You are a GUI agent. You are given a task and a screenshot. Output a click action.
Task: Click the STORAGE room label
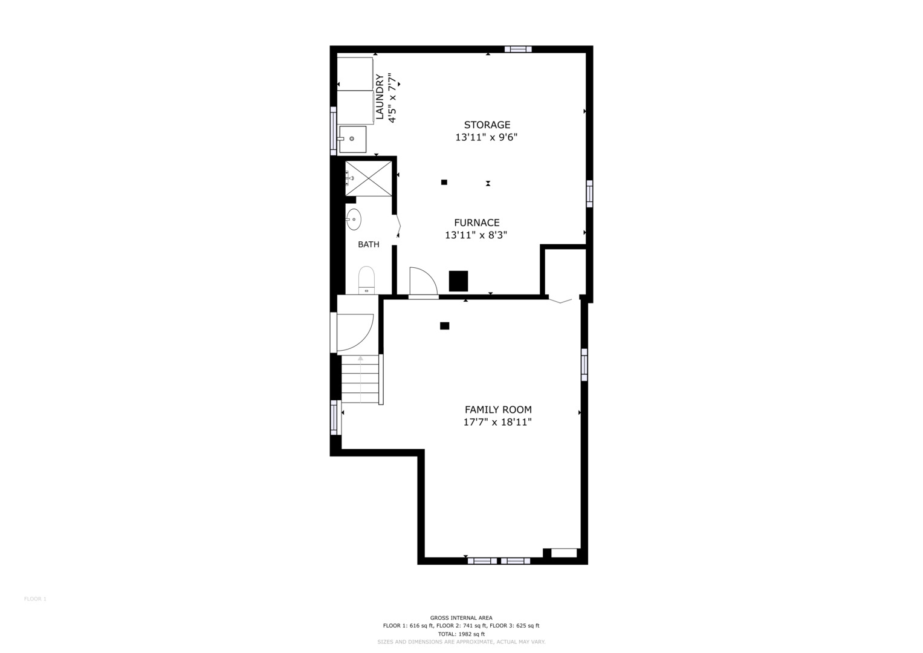[x=487, y=125]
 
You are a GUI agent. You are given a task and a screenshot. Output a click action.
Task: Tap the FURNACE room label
[x=477, y=223]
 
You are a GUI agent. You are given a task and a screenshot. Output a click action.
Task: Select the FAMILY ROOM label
[x=498, y=409]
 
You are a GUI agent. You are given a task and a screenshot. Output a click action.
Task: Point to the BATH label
[x=368, y=244]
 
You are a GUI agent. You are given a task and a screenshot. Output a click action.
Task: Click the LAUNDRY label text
[x=380, y=97]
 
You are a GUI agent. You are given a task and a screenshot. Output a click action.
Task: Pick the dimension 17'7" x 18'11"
[x=497, y=422]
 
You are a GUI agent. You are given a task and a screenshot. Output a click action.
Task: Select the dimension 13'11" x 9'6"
[x=486, y=137]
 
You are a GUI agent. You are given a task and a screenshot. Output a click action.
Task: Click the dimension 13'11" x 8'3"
[x=476, y=235]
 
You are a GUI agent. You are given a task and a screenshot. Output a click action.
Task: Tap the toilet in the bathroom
[x=366, y=280]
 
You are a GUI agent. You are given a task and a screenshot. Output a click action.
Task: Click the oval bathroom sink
[x=354, y=219]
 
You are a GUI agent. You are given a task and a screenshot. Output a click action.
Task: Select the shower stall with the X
[x=368, y=178]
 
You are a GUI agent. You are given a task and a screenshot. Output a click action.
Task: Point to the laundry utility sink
[x=352, y=139]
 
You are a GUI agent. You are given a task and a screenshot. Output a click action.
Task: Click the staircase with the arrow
[x=360, y=379]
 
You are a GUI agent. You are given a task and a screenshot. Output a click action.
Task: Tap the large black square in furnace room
[x=458, y=281]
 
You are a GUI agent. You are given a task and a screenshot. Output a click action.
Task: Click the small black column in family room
[x=445, y=326]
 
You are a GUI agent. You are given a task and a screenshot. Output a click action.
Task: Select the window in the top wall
[x=518, y=49]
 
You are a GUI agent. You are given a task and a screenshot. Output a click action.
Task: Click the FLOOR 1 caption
[x=36, y=599]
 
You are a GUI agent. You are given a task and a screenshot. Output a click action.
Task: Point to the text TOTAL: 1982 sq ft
[x=461, y=634]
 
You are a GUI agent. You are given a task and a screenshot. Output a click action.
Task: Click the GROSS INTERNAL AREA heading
[x=461, y=617]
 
